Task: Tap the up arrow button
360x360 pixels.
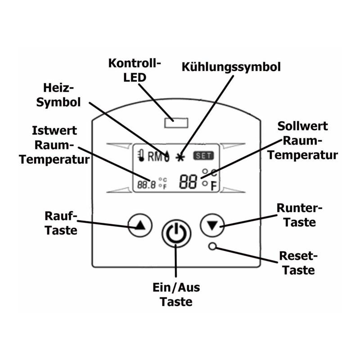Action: pyautogui.click(x=140, y=225)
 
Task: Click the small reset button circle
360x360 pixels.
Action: pyautogui.click(x=212, y=246)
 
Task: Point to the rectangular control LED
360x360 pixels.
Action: pyautogui.click(x=176, y=123)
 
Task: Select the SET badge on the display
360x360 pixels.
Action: pyautogui.click(x=203, y=156)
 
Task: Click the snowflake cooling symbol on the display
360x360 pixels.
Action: pyautogui.click(x=180, y=157)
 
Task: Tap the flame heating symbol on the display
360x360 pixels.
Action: pyautogui.click(x=167, y=156)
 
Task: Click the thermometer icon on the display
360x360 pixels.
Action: pyautogui.click(x=141, y=155)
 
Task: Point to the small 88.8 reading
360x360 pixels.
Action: pyautogui.click(x=147, y=184)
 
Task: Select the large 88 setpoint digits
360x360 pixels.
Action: pyautogui.click(x=188, y=182)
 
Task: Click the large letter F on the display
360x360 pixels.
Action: pyautogui.click(x=214, y=186)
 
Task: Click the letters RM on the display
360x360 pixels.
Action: pyautogui.click(x=155, y=157)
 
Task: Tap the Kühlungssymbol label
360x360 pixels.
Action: pyautogui.click(x=231, y=67)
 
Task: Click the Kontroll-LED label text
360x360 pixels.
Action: pyautogui.click(x=135, y=70)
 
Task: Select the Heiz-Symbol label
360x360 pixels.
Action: pyautogui.click(x=58, y=95)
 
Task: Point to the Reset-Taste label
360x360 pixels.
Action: pyautogui.click(x=298, y=263)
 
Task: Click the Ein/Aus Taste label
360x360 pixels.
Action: pyautogui.click(x=176, y=294)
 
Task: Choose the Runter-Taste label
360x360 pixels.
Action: pyautogui.click(x=299, y=215)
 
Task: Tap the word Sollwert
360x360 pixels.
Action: pyautogui.click(x=302, y=126)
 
